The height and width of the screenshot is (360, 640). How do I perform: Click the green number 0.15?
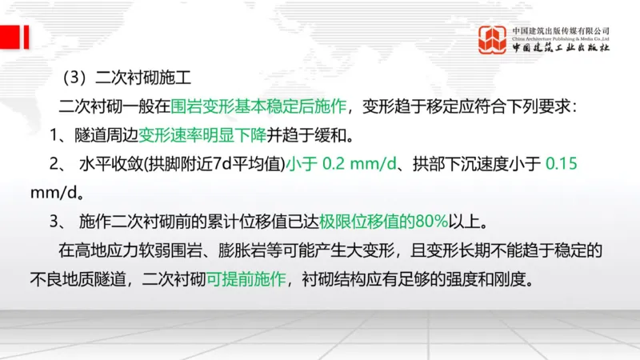point(561,164)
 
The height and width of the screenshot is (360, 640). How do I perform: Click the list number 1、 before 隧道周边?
point(61,134)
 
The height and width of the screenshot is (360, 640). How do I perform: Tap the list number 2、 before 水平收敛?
point(61,164)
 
